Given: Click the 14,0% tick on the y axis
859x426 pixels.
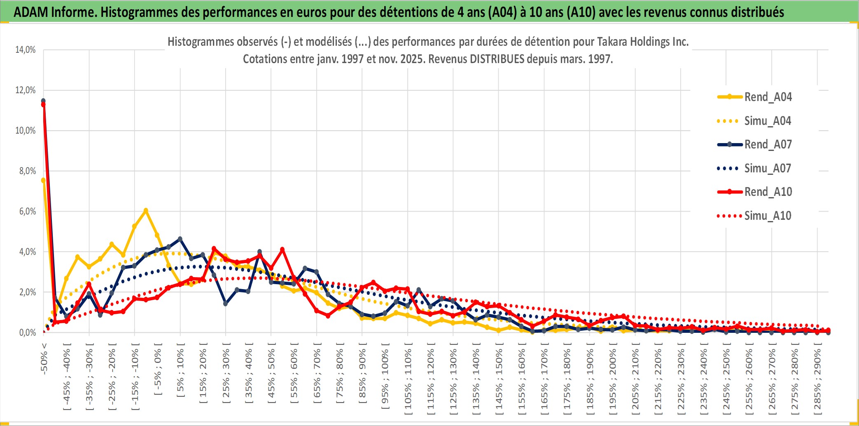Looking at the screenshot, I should pos(26,50).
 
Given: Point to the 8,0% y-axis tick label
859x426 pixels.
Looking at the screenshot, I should pos(27,171).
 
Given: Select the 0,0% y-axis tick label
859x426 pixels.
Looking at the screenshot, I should pos(27,333).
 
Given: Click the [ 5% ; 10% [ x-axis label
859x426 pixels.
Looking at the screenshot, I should pos(180,373).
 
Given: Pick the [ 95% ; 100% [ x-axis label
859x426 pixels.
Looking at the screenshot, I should pos(385,379).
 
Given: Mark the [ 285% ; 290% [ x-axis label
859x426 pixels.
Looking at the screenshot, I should pos(817,381).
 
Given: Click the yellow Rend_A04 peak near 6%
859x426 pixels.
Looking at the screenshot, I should pos(145,211).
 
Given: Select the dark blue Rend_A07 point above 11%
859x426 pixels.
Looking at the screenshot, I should pos(43,101).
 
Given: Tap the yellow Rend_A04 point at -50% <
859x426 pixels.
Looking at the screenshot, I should pos(43,180).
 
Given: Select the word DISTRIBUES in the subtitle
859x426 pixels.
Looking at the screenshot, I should pos(497,59).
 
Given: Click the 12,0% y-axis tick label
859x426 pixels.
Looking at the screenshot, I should pos(26,90).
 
